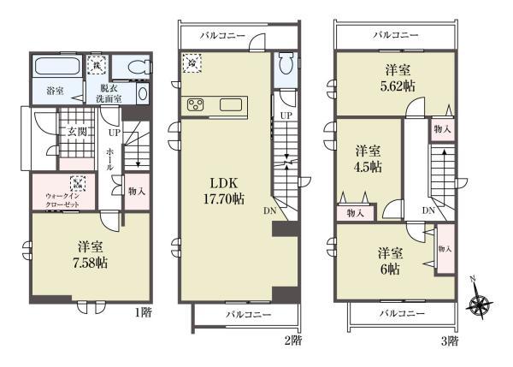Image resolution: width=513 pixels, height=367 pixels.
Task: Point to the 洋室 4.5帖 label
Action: coord(369,158)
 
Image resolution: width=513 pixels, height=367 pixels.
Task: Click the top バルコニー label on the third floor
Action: coord(396,35)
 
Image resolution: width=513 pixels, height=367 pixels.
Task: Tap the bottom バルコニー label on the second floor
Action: coord(250,314)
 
